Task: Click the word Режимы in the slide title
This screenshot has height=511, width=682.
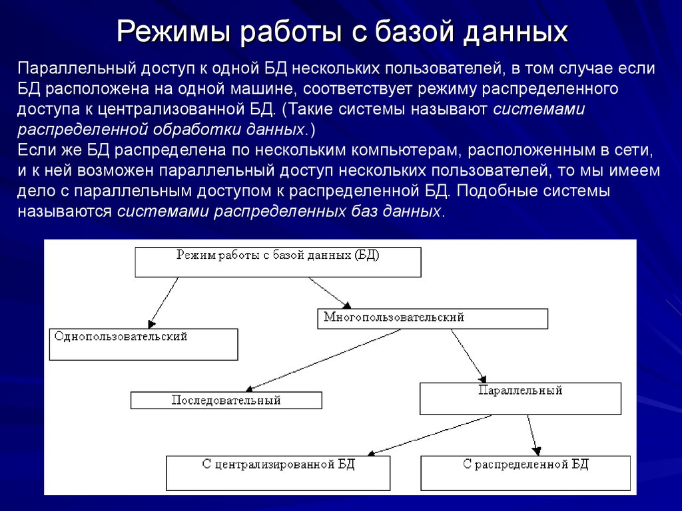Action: click(174, 31)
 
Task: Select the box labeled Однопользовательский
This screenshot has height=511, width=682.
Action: click(143, 344)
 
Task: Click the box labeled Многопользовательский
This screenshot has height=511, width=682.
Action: click(432, 319)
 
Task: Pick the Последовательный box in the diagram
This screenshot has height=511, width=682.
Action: click(226, 401)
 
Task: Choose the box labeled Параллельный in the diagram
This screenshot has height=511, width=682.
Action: click(520, 398)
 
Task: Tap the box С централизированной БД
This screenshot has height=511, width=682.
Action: click(278, 472)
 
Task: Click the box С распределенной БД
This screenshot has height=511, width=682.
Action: click(525, 472)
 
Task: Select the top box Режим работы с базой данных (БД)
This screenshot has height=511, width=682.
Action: click(278, 261)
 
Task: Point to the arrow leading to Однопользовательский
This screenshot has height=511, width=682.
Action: click(164, 301)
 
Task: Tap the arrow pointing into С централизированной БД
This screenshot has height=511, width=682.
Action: click(430, 435)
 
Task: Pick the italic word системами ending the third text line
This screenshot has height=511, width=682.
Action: click(539, 109)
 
